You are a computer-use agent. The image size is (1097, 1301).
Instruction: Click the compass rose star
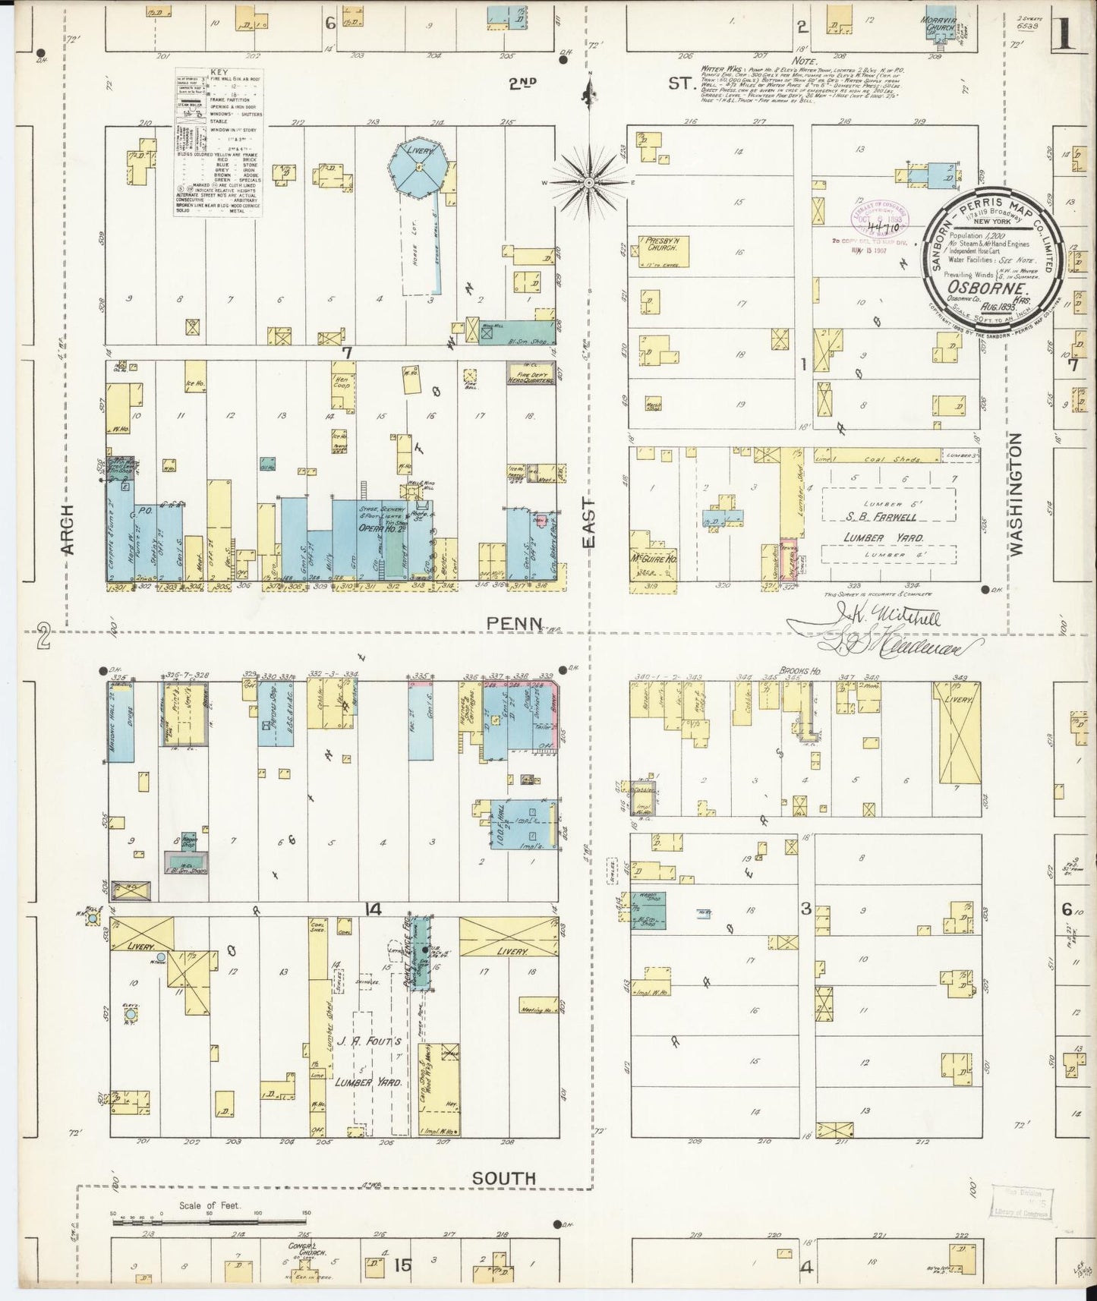point(589,183)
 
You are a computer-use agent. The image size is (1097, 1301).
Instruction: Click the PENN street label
point(515,624)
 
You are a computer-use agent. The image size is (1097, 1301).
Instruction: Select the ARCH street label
point(66,528)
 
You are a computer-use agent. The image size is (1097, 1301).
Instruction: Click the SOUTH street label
point(504,1179)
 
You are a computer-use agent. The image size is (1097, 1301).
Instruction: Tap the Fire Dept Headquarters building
point(531,373)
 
